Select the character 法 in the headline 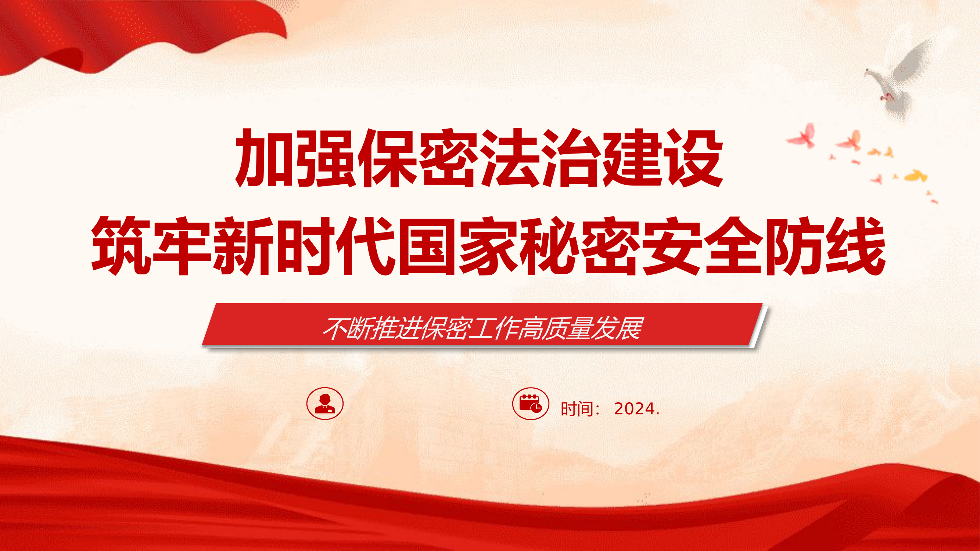[x=509, y=158]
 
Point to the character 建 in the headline [x=632, y=158]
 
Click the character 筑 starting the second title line [x=121, y=246]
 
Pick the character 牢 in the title [x=182, y=246]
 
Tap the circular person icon [x=325, y=403]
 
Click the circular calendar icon [x=530, y=403]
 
